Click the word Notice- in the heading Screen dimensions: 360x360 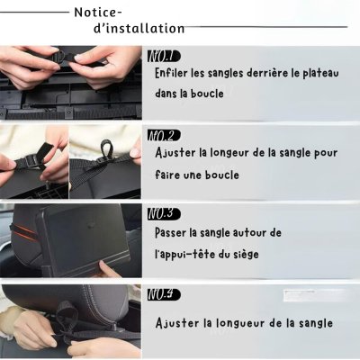click(98, 13)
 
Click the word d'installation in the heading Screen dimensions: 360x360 click(139, 29)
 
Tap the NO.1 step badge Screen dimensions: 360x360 click(164, 57)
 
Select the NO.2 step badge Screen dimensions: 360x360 click(164, 136)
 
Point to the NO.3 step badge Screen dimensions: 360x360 click(164, 213)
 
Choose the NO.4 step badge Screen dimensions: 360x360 click(164, 294)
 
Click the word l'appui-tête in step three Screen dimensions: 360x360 click(186, 255)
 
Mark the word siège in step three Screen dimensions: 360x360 click(246, 255)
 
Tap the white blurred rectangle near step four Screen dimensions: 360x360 click(313, 295)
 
